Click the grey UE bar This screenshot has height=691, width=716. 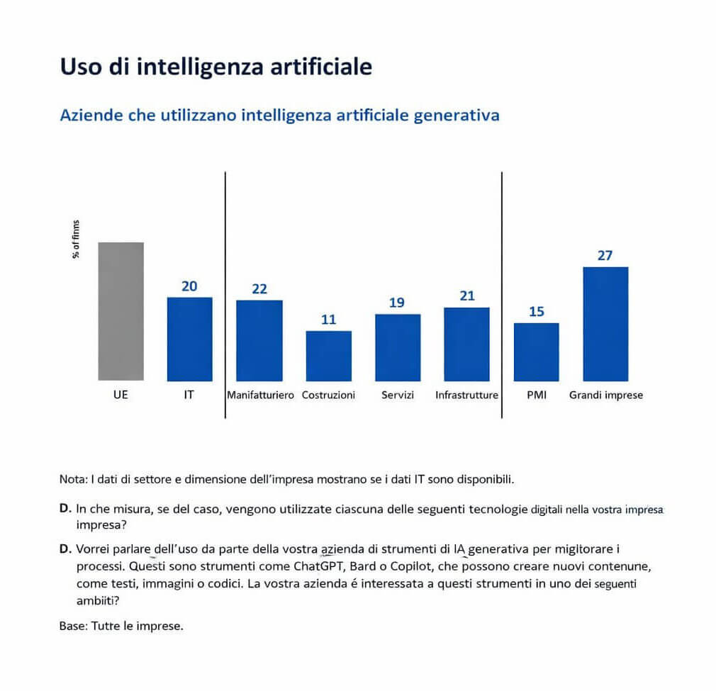[x=121, y=312]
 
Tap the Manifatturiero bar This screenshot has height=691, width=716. [x=259, y=340]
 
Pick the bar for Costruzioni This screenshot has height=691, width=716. [x=328, y=356]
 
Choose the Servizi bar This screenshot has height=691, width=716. [x=397, y=347]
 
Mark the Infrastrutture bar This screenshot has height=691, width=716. [x=466, y=344]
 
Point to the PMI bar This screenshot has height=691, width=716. [x=536, y=352]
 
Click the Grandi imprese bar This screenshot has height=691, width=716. [x=605, y=324]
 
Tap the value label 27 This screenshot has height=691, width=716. [x=605, y=256]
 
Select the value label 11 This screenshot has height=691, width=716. [x=328, y=320]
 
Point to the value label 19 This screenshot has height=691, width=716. [x=397, y=303]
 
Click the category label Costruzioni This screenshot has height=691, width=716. [x=328, y=395]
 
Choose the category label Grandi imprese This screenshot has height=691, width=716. [x=606, y=395]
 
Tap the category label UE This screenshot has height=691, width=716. [x=121, y=395]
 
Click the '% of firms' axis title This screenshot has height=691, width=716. [x=76, y=240]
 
